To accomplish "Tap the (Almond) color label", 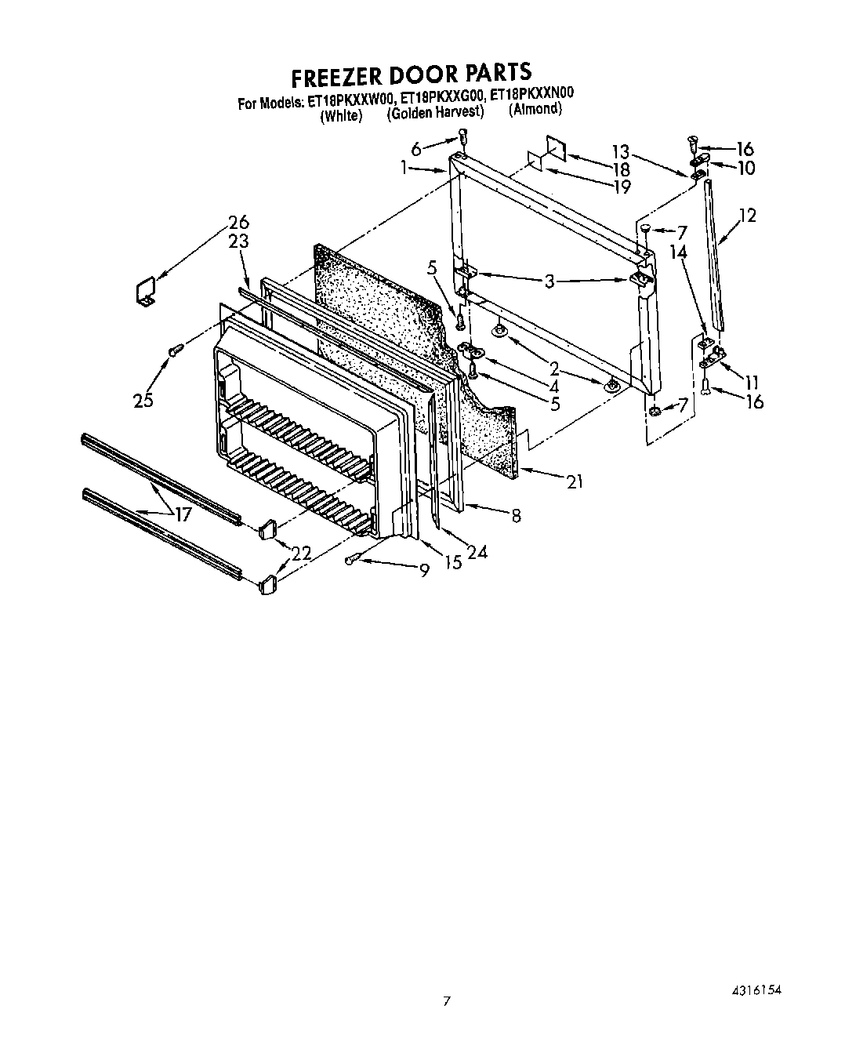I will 535,109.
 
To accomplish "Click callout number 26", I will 238,222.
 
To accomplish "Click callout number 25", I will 143,401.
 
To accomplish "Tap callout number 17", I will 183,515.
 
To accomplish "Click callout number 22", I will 301,553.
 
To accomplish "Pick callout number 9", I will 424,572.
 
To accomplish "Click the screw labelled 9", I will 353,558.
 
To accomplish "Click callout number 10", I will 746,169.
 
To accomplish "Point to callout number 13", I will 620,152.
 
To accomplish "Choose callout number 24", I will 477,553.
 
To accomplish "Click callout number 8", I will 516,515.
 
